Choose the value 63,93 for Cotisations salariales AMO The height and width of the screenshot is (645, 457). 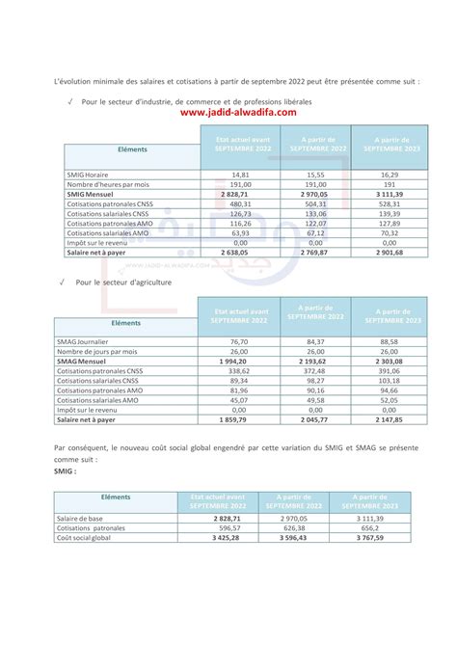click(240, 232)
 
